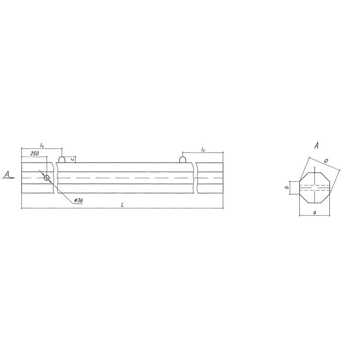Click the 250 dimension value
point(34,153)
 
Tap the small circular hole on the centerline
point(47,178)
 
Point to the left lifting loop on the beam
point(62,159)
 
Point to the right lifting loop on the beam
point(183,159)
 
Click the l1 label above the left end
point(41,145)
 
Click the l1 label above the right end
point(203,149)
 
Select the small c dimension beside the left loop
point(72,159)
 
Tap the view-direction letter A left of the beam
point(6,174)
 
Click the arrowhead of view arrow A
point(13,178)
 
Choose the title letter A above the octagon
point(317,145)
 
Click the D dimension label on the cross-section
point(326,160)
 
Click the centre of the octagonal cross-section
point(315,187)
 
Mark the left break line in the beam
point(55,178)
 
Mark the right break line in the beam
point(195,178)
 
